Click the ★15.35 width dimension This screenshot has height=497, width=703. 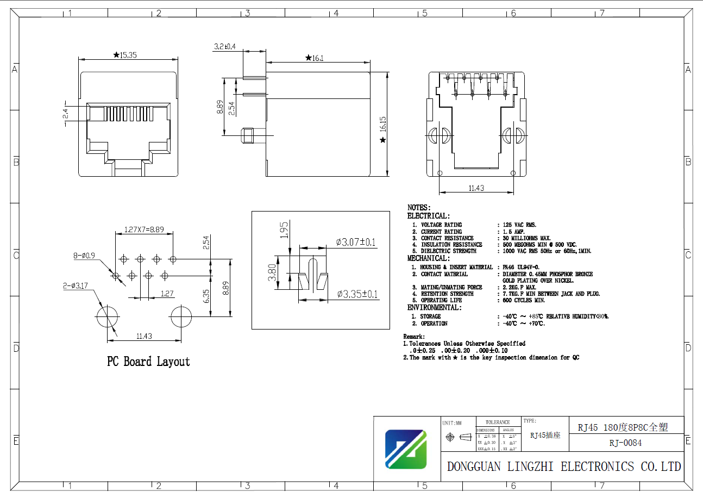(x=125, y=55)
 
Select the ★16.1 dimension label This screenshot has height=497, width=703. (x=315, y=58)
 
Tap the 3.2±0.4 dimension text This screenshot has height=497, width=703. (x=224, y=47)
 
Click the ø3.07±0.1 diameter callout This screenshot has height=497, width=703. (x=356, y=242)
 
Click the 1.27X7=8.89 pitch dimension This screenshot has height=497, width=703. (x=144, y=229)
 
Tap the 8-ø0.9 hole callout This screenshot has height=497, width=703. (x=84, y=255)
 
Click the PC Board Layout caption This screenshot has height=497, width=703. (x=148, y=362)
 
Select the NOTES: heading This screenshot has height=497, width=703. (x=419, y=208)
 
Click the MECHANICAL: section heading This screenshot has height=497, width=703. (x=428, y=258)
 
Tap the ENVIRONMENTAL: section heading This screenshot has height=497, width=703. (x=435, y=308)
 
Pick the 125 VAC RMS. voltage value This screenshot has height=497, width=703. (x=520, y=225)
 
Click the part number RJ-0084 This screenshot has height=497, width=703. (x=625, y=443)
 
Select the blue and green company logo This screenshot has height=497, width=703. (x=405, y=449)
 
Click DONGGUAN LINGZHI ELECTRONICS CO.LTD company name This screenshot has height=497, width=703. (x=563, y=467)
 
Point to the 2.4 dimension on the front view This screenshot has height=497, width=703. (x=65, y=113)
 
